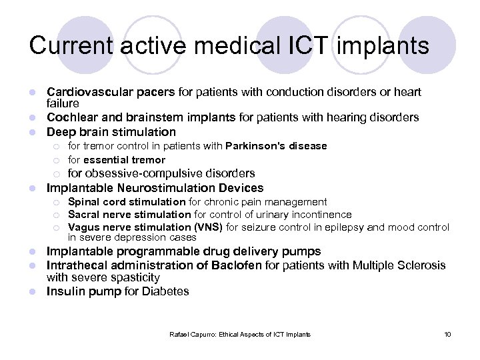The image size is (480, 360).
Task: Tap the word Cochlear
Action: pos(69,117)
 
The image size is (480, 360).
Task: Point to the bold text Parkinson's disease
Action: pos(276,146)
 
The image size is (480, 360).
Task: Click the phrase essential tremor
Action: pos(124,160)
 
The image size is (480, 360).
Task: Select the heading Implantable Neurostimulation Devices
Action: pos(155,188)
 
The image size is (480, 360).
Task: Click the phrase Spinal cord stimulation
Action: pos(127,202)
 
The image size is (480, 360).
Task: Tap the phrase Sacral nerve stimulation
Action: pos(129,215)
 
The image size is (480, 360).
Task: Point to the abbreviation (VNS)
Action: pos(210,227)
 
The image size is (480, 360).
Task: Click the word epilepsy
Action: pos(345,227)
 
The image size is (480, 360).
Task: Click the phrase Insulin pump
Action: pos(83,291)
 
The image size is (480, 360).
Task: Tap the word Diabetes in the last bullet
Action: pos(165,291)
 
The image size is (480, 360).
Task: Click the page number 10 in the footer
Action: pos(447,334)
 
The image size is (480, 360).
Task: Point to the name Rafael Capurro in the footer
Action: pos(189,334)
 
